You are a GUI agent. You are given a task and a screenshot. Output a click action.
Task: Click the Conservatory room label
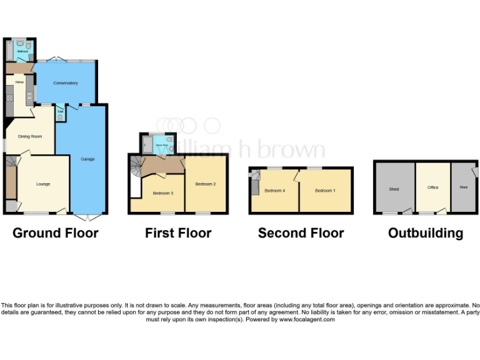click(65, 83)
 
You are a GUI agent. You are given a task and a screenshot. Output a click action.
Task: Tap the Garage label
click(87, 159)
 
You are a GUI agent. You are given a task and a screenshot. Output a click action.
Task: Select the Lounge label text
click(43, 184)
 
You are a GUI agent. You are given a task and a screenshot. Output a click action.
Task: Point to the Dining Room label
click(29, 136)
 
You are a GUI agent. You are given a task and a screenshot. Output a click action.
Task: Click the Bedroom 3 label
click(163, 193)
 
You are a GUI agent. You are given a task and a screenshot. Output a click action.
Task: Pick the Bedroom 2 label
click(206, 184)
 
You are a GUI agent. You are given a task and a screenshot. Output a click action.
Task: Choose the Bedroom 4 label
click(274, 191)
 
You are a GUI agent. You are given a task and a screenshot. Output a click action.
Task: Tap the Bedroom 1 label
click(325, 191)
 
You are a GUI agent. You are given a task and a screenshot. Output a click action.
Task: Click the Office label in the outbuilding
click(433, 187)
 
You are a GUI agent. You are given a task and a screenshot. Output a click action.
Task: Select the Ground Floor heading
click(56, 233)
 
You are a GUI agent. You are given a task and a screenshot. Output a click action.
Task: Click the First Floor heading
click(178, 233)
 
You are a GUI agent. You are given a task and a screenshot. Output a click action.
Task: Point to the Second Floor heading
click(301, 233)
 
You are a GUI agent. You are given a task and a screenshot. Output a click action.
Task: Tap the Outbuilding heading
click(426, 233)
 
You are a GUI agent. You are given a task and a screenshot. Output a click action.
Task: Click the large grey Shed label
click(394, 189)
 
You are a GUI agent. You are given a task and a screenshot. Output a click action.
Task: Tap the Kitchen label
click(20, 82)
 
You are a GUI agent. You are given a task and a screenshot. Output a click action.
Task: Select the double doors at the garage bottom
click(88, 217)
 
